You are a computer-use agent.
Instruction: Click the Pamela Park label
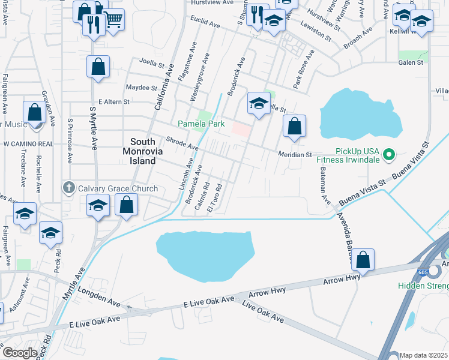point(201,124)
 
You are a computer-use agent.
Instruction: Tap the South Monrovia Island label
point(143,151)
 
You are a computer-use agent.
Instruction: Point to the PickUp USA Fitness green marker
point(388,155)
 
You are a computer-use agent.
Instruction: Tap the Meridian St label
point(295,154)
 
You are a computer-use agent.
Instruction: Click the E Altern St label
point(114,102)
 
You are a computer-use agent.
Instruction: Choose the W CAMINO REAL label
point(28,144)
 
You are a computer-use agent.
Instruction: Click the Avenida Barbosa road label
point(344,236)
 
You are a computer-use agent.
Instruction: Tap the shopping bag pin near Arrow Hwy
point(363,260)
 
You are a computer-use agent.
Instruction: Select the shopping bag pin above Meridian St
point(294,127)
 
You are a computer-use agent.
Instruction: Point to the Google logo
point(20,352)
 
